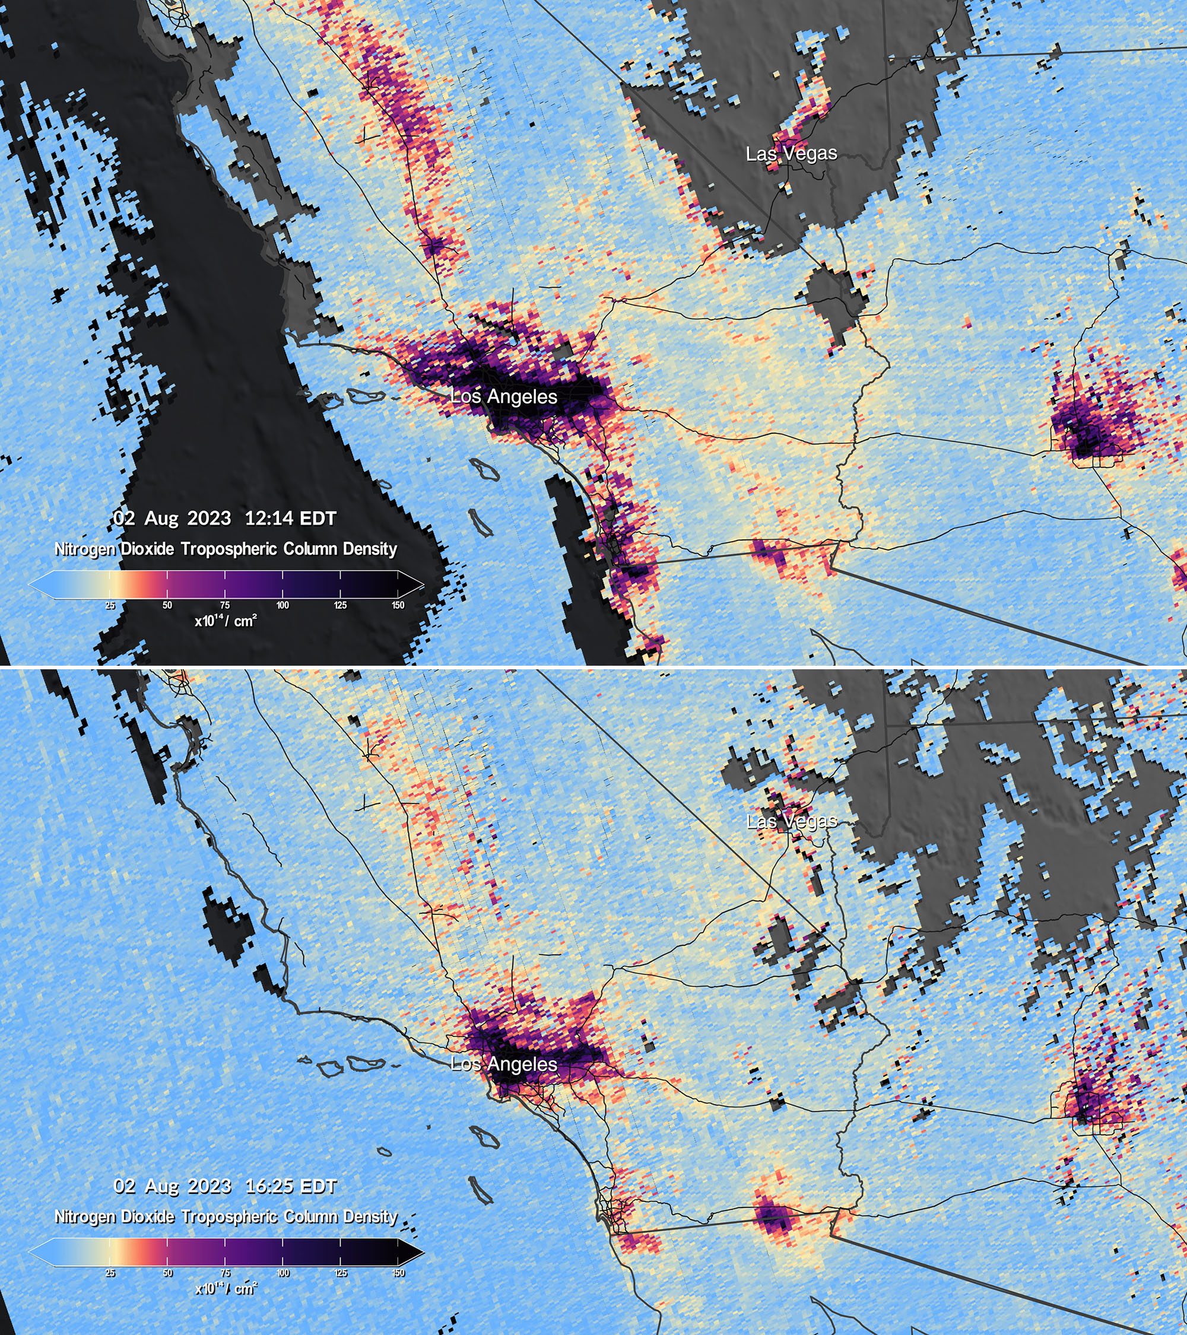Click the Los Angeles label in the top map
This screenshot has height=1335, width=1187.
click(x=504, y=396)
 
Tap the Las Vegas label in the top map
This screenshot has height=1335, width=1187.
click(x=791, y=154)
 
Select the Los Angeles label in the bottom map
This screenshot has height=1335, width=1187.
click(x=504, y=1064)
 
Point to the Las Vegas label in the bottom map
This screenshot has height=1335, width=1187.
click(x=791, y=821)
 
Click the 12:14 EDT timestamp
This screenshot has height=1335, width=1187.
click(x=290, y=518)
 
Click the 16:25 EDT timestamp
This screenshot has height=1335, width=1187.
click(x=291, y=1185)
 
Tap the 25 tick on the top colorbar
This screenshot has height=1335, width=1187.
click(x=110, y=605)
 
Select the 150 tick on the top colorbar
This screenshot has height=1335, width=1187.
click(x=398, y=605)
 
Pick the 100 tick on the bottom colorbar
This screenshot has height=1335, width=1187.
click(x=283, y=1273)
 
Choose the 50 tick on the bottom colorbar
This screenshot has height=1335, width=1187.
click(x=167, y=1273)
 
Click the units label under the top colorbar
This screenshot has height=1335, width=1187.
click(x=226, y=621)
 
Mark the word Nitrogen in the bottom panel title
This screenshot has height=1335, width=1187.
click(x=85, y=1216)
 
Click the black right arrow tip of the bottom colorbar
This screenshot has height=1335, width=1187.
click(x=418, y=1251)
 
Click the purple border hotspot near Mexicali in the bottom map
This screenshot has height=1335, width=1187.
click(x=774, y=1219)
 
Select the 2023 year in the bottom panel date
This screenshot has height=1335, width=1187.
click(x=209, y=1185)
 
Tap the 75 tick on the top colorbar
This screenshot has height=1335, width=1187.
click(x=225, y=605)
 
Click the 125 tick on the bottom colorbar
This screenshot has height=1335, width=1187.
click(x=340, y=1273)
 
